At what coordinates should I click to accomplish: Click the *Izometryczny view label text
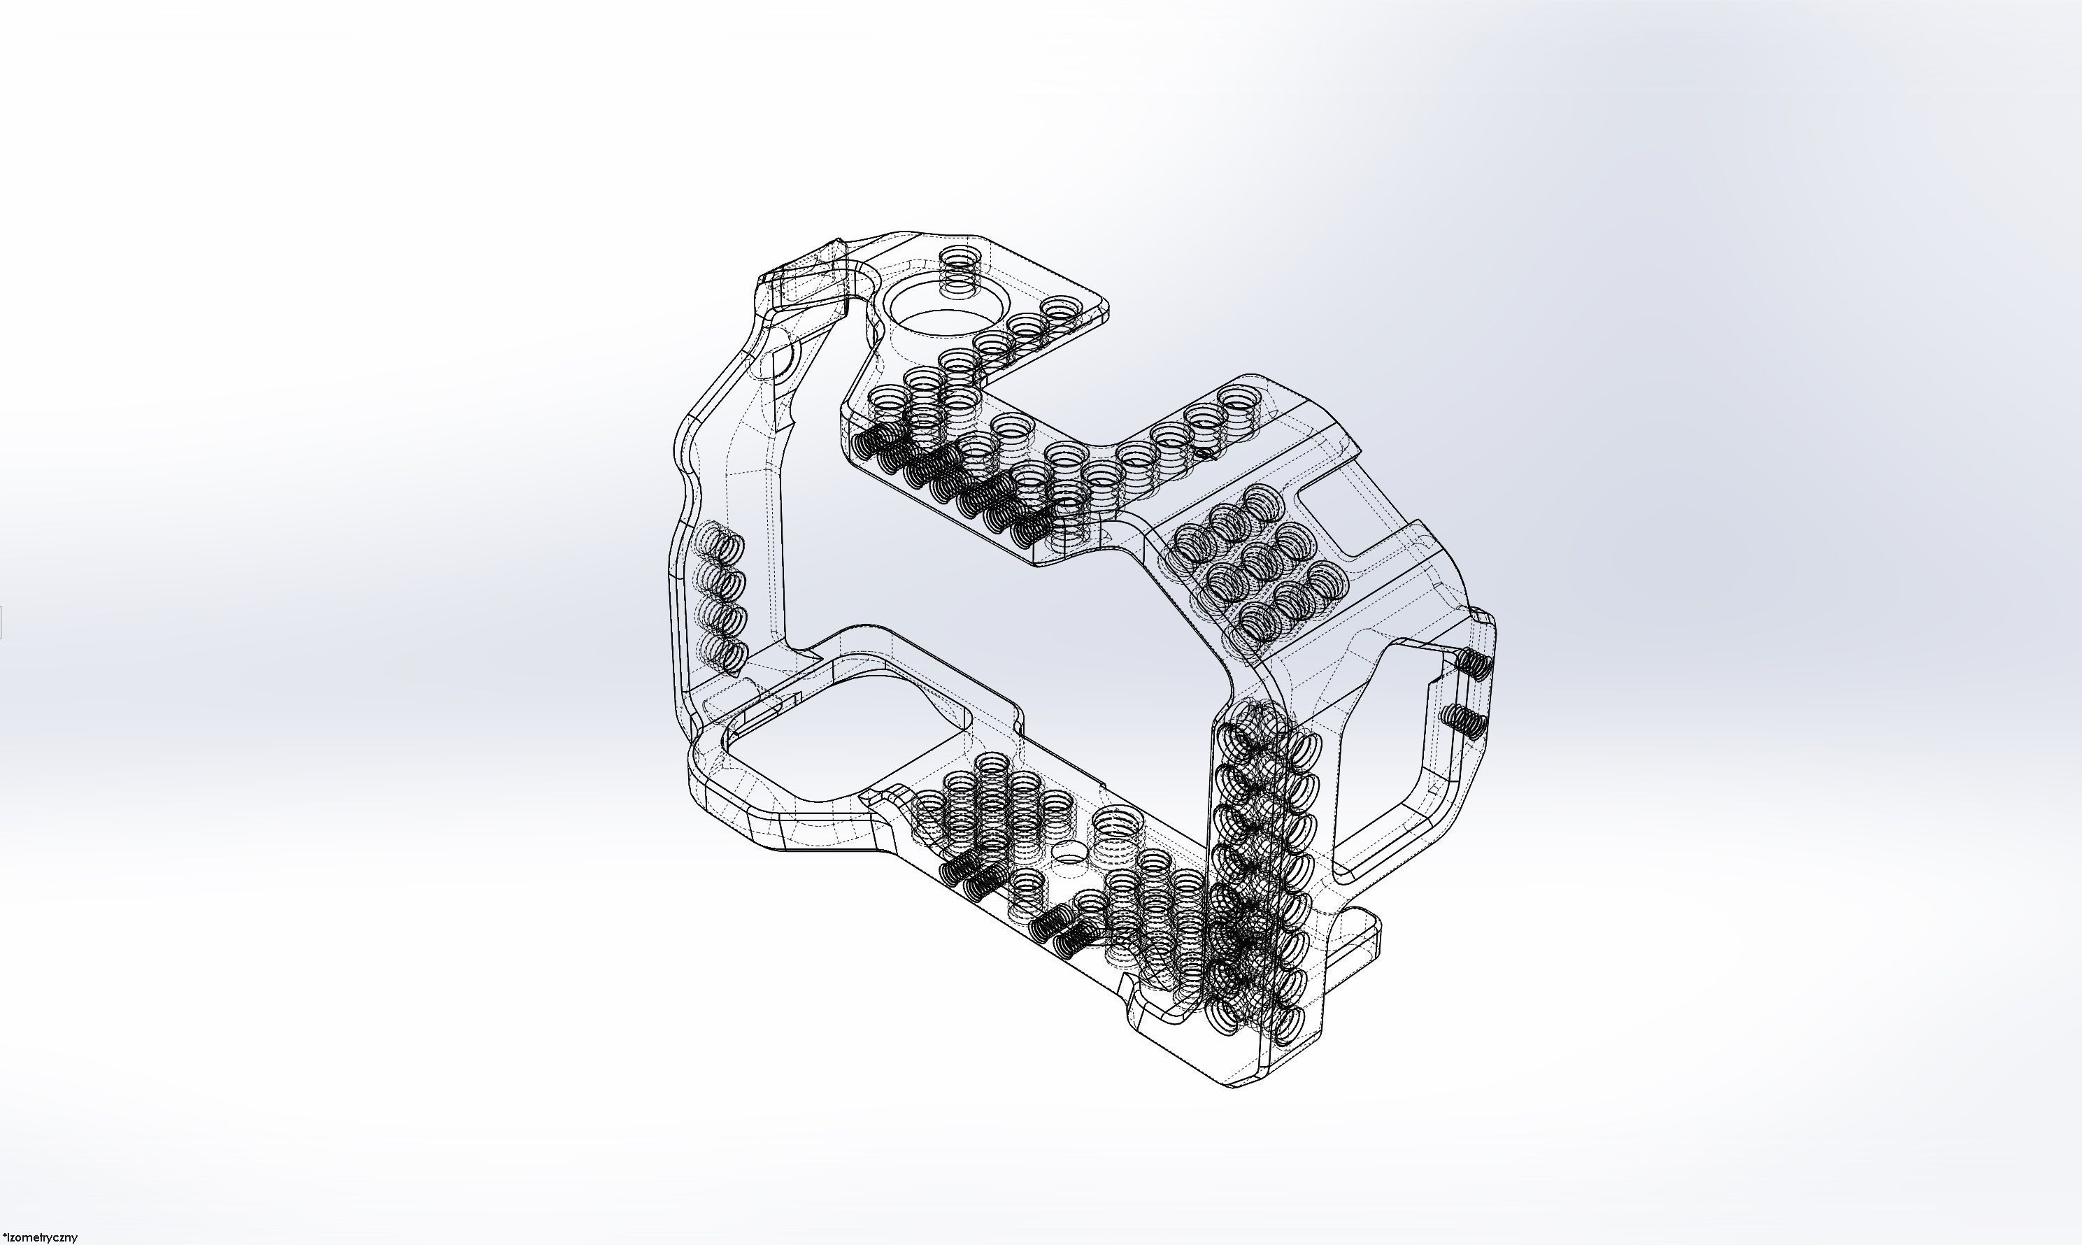pos(41,1237)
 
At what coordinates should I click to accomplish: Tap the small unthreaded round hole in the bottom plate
pos(1068,854)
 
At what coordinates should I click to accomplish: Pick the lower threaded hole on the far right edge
pos(1463,718)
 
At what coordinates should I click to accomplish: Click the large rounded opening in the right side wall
pos(1392,755)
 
